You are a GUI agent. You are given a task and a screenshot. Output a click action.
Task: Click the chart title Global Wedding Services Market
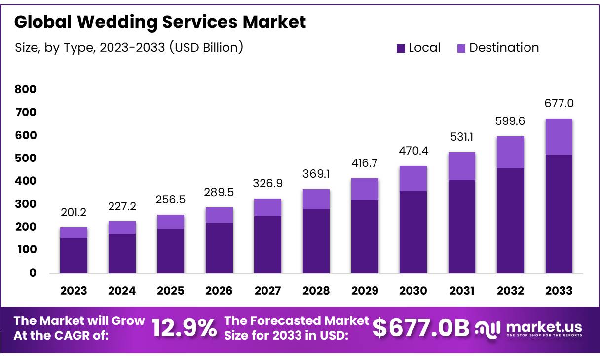pos(160,22)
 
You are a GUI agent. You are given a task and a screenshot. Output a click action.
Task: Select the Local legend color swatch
pos(401,48)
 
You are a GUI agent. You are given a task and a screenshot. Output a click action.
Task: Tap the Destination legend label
pos(504,48)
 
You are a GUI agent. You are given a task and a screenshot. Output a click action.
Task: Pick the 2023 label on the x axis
pos(74,291)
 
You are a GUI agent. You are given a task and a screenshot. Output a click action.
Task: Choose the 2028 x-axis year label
pos(316,291)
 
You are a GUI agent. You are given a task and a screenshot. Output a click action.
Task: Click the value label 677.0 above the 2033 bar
pos(559,104)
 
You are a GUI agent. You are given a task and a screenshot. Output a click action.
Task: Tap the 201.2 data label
pos(74,213)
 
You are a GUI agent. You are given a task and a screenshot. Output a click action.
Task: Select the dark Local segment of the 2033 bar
pos(559,213)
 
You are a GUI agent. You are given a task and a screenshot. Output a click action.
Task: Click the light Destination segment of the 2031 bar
pos(461,166)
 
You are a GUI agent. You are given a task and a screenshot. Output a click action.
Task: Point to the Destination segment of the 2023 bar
pos(74,233)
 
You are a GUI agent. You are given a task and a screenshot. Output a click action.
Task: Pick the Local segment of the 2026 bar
pos(219,247)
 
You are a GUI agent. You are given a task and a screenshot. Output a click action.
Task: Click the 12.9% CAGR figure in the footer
pos(184,328)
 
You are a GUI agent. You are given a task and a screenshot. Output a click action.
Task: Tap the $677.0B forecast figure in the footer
pos(420,328)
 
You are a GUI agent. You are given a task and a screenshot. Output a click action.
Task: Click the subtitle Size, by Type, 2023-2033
pos(128,48)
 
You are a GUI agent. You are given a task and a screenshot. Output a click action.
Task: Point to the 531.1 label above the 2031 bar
pos(461,137)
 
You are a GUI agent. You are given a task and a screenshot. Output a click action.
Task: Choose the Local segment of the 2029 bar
pos(365,237)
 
